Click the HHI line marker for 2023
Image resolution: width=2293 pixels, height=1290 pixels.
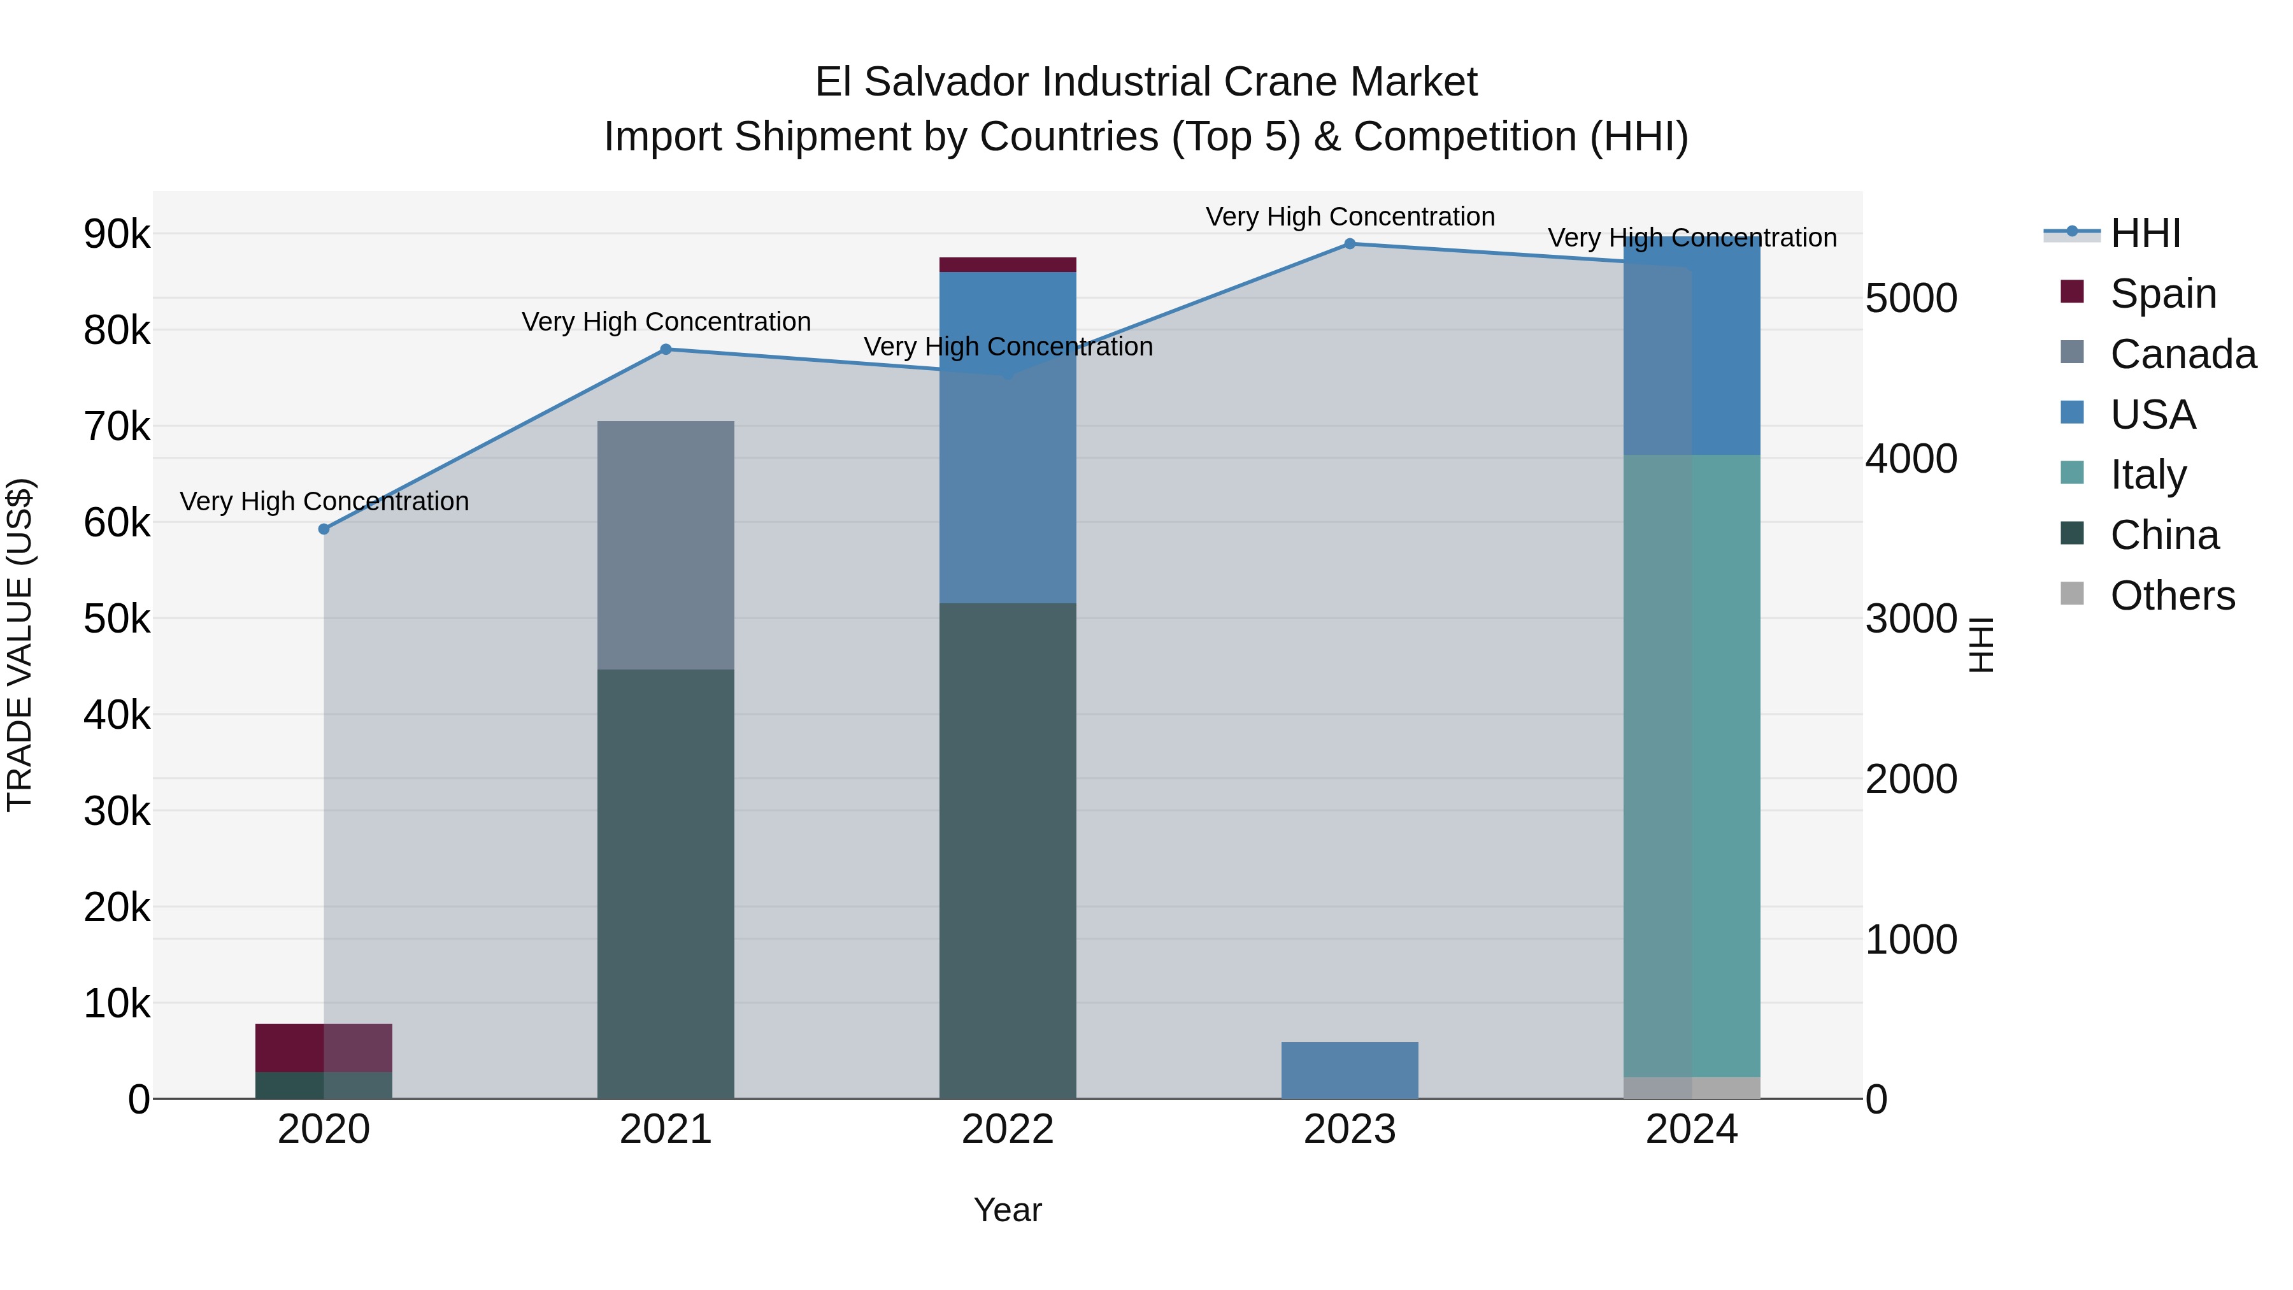pos(1350,244)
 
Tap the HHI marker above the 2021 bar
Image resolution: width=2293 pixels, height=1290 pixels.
pos(666,349)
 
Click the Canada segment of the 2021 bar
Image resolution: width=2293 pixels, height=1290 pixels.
pos(666,545)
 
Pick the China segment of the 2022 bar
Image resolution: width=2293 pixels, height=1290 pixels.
pos(1008,850)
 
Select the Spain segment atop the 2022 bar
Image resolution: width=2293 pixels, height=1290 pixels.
pos(1008,264)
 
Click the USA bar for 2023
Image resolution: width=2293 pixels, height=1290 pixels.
pos(1350,1070)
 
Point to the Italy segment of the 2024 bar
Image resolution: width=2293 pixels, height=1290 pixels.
pos(1691,766)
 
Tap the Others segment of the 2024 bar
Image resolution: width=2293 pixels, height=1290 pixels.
pos(1691,1088)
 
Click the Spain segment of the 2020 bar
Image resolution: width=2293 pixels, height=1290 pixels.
pos(324,1048)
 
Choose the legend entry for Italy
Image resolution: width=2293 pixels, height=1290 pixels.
pos(2147,475)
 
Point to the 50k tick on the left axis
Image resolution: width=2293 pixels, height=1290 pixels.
pos(117,619)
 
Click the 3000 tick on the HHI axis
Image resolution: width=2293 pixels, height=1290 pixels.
pos(1910,619)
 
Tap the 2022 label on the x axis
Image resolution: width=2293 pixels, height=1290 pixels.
pos(1008,1129)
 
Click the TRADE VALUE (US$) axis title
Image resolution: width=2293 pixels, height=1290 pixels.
pos(20,645)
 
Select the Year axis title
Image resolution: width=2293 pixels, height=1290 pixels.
pos(1008,1210)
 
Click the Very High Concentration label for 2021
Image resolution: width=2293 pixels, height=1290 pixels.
pos(666,322)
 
